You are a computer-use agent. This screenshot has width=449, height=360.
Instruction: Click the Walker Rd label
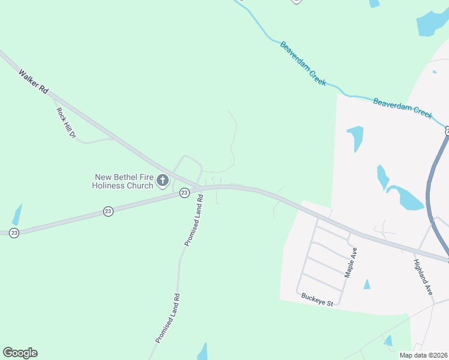(x=33, y=80)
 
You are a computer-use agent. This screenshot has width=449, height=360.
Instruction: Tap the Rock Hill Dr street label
(x=66, y=123)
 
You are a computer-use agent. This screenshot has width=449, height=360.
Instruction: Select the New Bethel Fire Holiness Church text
(x=123, y=181)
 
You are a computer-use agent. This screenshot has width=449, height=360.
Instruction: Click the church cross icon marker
(x=162, y=180)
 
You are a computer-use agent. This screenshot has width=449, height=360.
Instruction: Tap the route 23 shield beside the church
(x=184, y=193)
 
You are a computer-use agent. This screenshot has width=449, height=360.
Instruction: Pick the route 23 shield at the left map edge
(x=14, y=232)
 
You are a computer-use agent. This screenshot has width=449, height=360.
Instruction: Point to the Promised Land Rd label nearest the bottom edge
(x=168, y=318)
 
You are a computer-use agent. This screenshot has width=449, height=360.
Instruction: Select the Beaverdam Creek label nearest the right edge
(x=402, y=108)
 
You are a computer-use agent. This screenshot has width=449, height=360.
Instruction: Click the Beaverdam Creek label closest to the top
(x=303, y=63)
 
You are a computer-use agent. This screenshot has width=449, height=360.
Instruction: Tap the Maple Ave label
(x=351, y=262)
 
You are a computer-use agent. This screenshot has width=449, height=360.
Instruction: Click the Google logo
(x=20, y=353)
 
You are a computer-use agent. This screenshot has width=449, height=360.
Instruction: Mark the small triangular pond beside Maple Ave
(x=367, y=284)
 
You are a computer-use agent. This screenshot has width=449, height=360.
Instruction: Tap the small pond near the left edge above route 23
(x=17, y=215)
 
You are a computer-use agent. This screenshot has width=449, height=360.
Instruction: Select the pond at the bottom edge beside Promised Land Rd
(x=202, y=352)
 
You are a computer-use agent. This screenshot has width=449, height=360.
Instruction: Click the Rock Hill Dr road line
(x=90, y=142)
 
